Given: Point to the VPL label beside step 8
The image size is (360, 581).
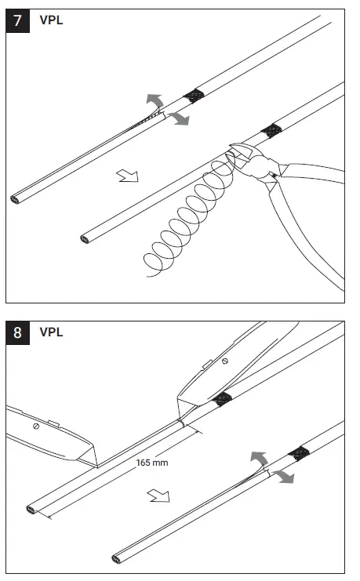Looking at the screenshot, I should [x=51, y=332].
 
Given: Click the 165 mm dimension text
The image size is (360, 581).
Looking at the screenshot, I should [x=151, y=463].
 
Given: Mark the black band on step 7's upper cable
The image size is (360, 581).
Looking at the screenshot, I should [x=193, y=96].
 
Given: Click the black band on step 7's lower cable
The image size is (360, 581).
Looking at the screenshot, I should [x=271, y=129].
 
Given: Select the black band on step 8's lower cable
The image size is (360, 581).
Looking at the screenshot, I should [x=296, y=453].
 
